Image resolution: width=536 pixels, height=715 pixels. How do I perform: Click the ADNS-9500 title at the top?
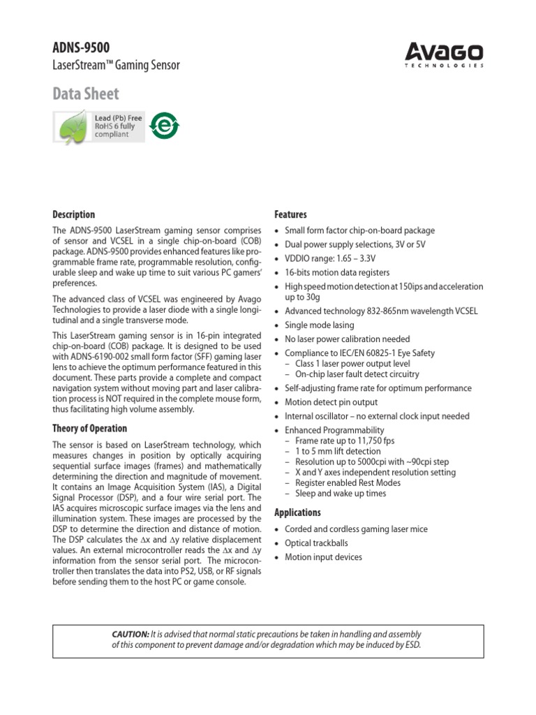[x=82, y=47]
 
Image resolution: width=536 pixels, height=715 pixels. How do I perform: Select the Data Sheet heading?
[x=86, y=94]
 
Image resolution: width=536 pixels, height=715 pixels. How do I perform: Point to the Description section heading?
[x=74, y=214]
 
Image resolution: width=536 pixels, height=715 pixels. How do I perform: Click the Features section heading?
[x=290, y=214]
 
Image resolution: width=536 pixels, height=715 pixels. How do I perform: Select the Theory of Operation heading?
[x=90, y=428]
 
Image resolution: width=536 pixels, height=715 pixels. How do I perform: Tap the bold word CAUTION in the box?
[x=131, y=634]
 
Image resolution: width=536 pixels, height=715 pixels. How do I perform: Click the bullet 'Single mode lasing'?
[x=319, y=325]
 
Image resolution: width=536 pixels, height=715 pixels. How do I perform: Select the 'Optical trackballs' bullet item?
[x=316, y=543]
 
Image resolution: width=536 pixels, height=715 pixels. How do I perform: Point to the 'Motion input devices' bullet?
[x=323, y=557]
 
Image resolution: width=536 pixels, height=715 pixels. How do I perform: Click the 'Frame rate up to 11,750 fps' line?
[x=345, y=441]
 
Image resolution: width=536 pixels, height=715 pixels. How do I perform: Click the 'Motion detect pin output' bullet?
[x=331, y=402]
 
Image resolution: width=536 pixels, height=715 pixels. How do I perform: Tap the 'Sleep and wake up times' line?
[x=340, y=493]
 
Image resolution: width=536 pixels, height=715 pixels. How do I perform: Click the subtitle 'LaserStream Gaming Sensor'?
[x=117, y=66]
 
